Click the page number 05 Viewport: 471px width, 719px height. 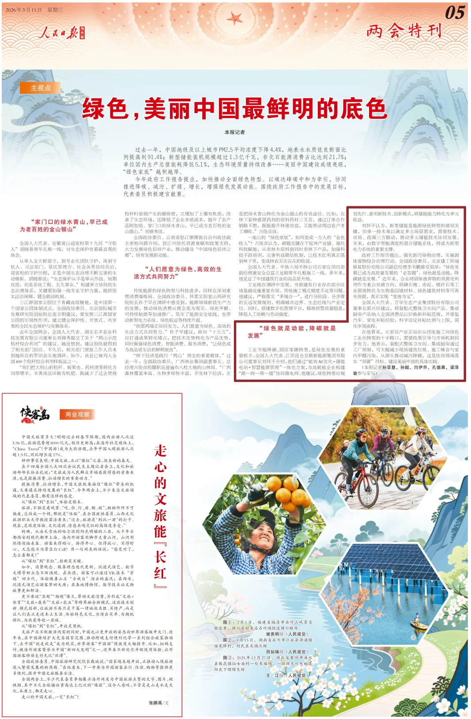pyautogui.click(x=454, y=12)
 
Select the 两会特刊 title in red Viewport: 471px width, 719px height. pyautogui.click(x=404, y=31)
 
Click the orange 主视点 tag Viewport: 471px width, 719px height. pyautogui.click(x=41, y=88)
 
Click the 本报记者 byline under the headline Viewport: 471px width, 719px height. pyautogui.click(x=234, y=132)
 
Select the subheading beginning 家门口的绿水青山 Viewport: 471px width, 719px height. pyautogui.click(x=64, y=225)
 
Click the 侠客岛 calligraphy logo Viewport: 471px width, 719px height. pyautogui.click(x=35, y=414)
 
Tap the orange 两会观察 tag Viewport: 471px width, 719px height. pyautogui.click(x=77, y=415)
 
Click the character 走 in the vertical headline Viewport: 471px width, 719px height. pyautogui.click(x=160, y=451)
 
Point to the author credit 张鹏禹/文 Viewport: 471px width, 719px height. pyautogui.click(x=158, y=703)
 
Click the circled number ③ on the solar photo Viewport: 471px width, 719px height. pyautogui.click(x=413, y=638)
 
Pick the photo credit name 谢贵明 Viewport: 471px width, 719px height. pyautogui.click(x=275, y=634)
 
